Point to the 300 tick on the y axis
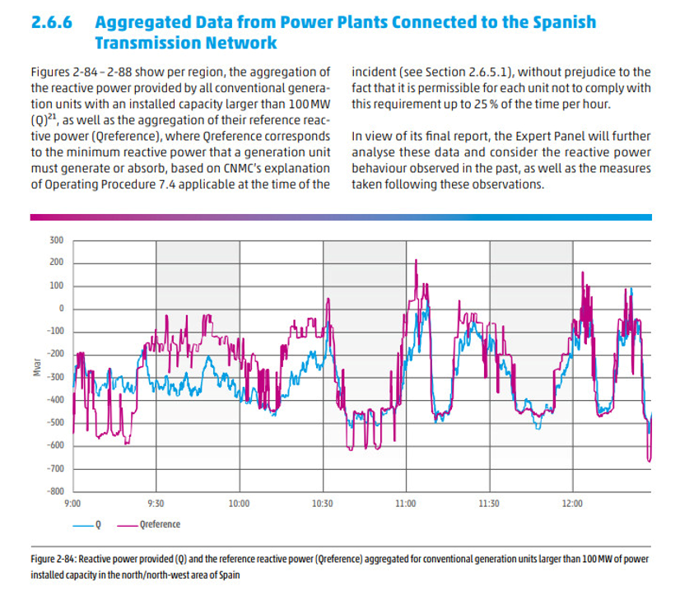click(56, 240)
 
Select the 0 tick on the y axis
click(60, 309)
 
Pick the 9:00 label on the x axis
click(72, 504)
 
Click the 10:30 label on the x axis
click(322, 504)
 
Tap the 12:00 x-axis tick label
click(571, 504)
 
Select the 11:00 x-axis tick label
click(405, 504)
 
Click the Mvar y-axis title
click(37, 368)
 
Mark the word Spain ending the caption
click(227, 575)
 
